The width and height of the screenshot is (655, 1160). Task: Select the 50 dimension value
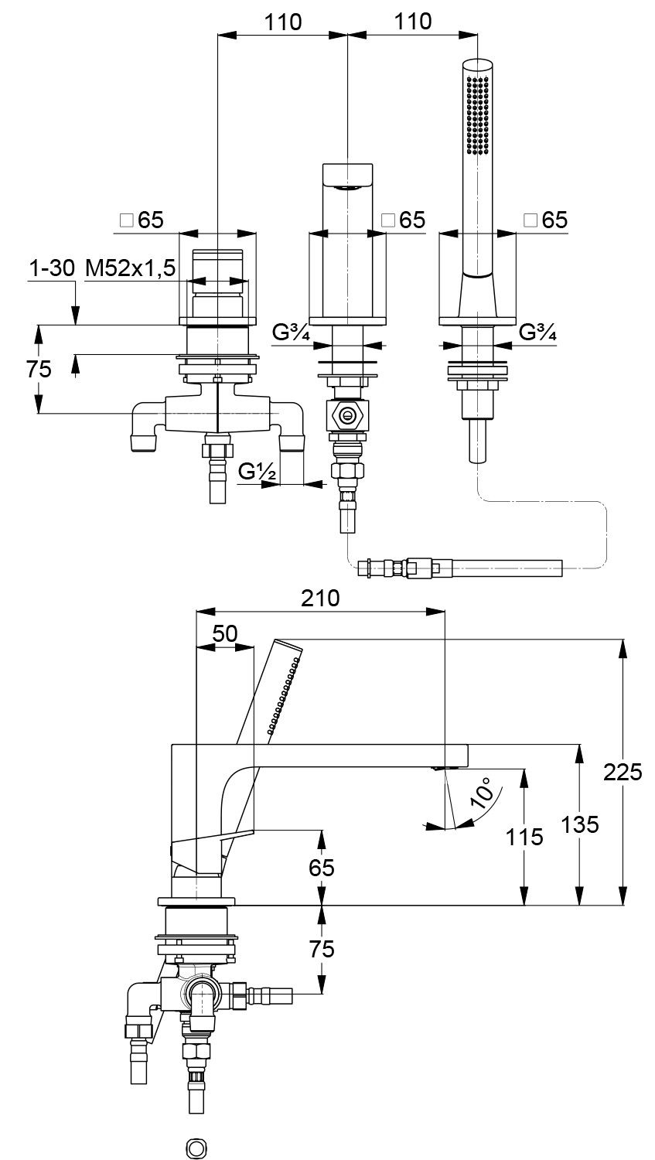224,633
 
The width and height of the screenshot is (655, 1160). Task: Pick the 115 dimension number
526,836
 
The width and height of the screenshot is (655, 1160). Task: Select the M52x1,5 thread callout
131,268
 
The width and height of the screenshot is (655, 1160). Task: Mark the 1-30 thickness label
52,268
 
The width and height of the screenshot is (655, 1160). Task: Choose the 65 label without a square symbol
322,868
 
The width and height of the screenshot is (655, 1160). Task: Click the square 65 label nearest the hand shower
546,220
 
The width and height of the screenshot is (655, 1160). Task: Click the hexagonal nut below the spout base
348,416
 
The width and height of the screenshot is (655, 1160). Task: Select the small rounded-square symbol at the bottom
196,1148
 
